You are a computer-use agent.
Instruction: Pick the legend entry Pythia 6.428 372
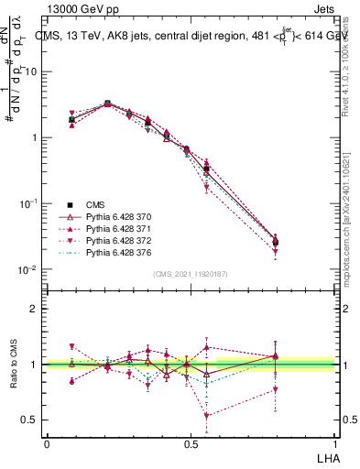pyautogui.click(x=111, y=240)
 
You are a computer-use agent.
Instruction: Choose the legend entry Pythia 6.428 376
pyautogui.click(x=111, y=252)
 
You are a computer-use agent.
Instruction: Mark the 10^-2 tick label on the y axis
pyautogui.click(x=29, y=270)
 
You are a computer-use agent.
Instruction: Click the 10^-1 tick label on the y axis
pyautogui.click(x=29, y=204)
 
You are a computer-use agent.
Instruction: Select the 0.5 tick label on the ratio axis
pyautogui.click(x=30, y=420)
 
